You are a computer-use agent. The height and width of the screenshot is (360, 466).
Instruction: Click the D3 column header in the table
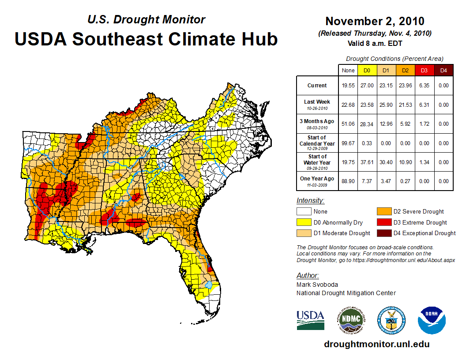pos(424,70)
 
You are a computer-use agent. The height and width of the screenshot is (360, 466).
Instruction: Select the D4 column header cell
pos(444,70)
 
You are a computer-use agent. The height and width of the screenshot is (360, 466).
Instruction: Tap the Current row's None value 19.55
pos(348,86)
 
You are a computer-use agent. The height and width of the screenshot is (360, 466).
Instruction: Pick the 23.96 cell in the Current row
pos(405,86)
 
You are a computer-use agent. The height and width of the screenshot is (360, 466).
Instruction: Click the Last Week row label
pos(317,105)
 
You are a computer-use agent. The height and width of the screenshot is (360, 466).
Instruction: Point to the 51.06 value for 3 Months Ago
pos(348,124)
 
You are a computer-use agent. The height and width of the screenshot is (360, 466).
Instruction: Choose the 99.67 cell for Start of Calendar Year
pos(348,143)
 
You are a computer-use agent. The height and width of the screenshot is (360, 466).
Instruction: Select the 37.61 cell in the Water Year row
pos(367,162)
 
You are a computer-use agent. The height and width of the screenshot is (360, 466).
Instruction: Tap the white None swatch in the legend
pos(304,212)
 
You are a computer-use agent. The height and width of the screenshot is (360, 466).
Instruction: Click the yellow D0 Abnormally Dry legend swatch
pos(304,222)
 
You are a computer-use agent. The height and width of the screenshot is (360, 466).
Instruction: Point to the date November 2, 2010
pos(375,21)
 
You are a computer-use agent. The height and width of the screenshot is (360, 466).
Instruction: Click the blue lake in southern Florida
pos(209,286)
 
